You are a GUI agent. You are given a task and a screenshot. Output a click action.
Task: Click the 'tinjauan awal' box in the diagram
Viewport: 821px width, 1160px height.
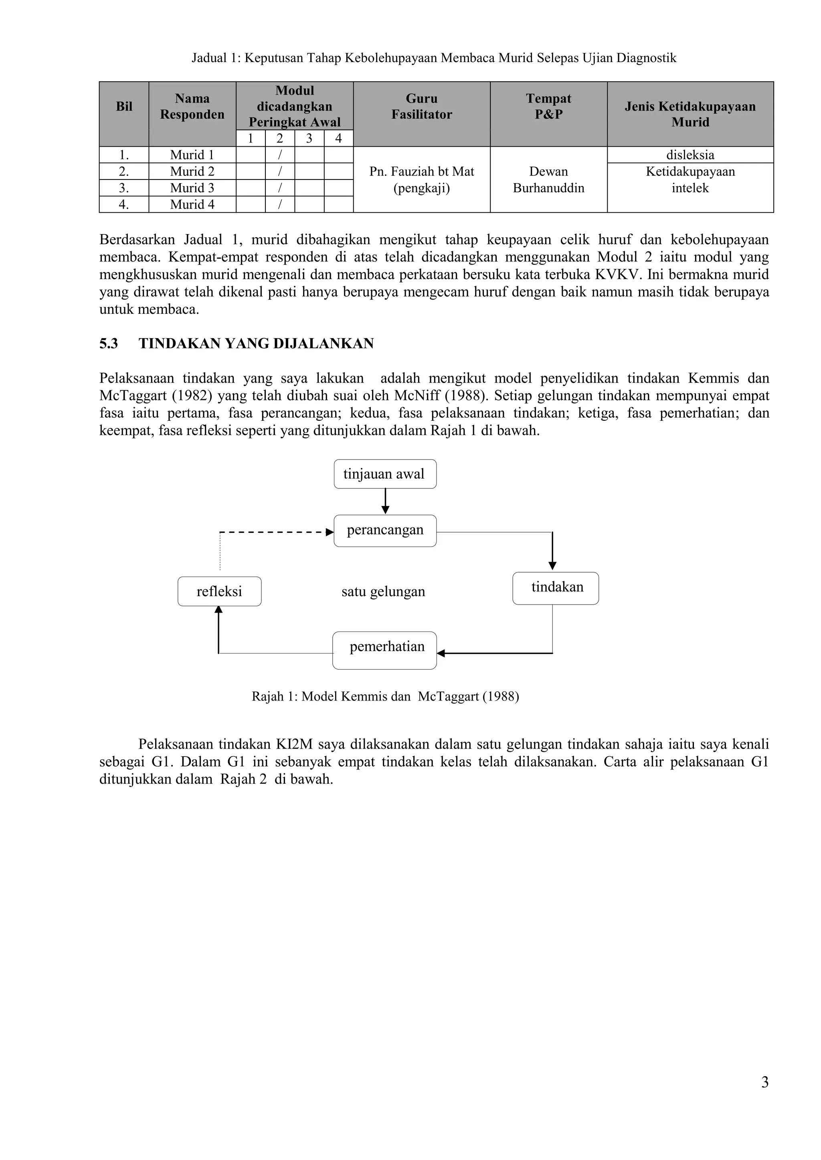point(385,474)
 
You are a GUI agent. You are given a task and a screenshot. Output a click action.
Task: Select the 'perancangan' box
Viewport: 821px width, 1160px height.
point(385,531)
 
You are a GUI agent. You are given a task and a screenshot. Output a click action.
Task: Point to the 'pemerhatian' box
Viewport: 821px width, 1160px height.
point(385,650)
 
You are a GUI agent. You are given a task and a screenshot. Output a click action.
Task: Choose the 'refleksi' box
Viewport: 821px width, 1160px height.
point(219,591)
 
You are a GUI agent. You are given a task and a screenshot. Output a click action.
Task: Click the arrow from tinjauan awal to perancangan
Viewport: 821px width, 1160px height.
point(385,501)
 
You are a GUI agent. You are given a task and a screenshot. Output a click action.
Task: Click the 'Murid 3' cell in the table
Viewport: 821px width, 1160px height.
point(192,188)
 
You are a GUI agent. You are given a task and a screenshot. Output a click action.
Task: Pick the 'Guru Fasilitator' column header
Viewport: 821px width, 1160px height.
point(422,107)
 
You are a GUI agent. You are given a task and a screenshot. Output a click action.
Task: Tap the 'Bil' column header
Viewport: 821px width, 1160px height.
point(124,107)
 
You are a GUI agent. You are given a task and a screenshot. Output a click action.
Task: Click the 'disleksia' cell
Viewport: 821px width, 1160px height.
point(690,155)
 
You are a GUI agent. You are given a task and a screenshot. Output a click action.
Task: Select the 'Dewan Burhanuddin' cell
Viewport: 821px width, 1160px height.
point(548,180)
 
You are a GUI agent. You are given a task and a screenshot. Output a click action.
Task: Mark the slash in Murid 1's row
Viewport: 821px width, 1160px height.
point(279,155)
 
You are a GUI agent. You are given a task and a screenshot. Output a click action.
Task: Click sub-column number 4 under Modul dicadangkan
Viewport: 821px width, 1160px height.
point(338,138)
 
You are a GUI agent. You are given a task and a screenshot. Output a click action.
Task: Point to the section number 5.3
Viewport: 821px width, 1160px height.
point(109,343)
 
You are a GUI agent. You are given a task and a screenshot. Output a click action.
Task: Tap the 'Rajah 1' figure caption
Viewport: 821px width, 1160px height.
point(385,696)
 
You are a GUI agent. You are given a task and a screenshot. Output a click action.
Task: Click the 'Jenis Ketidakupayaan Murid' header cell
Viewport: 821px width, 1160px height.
point(690,114)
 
